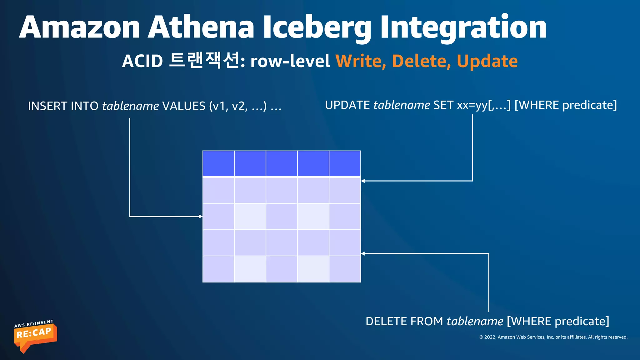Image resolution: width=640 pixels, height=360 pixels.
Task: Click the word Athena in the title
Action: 201,27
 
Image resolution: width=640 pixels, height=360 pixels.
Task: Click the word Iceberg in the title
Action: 317,27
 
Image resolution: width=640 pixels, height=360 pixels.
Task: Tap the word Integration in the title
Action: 463,27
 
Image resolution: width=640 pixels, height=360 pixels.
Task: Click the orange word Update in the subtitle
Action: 487,61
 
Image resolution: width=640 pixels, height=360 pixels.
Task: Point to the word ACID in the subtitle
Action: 142,61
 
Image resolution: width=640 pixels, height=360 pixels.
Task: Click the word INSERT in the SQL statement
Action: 47,106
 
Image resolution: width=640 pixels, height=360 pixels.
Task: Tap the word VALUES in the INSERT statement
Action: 184,106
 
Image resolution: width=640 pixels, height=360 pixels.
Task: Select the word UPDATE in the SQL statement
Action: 347,105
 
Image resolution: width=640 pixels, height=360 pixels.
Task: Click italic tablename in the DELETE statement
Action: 475,322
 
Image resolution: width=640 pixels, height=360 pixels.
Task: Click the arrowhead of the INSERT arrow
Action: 201,216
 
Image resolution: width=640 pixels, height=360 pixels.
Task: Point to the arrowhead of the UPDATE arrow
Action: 363,181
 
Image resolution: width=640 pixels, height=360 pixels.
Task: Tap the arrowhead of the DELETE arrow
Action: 363,253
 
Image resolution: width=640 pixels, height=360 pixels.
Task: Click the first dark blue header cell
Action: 218,164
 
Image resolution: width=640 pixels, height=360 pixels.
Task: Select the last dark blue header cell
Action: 345,164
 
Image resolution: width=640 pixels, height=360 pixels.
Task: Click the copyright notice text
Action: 553,337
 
